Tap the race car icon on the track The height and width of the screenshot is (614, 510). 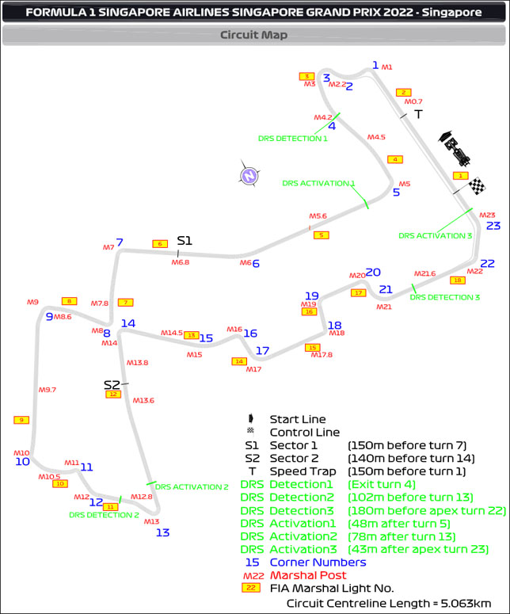[x=455, y=149]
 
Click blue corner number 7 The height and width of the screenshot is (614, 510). [x=120, y=242]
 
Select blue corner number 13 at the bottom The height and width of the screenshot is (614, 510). [x=162, y=532]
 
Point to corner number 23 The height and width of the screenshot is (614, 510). [x=493, y=226]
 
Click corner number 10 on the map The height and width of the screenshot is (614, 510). [x=22, y=461]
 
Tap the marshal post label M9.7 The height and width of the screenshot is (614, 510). [x=48, y=390]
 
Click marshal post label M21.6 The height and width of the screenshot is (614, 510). [x=425, y=273]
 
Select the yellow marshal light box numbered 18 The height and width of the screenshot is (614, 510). [x=457, y=280]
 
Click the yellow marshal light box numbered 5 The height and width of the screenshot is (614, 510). [x=321, y=235]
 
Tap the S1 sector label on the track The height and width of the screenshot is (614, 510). [x=185, y=240]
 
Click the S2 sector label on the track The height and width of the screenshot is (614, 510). [x=112, y=384]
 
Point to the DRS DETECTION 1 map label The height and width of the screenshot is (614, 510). [x=292, y=138]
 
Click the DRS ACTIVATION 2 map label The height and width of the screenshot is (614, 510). [x=192, y=486]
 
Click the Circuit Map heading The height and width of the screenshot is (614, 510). [x=253, y=35]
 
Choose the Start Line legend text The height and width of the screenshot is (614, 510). [x=297, y=419]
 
